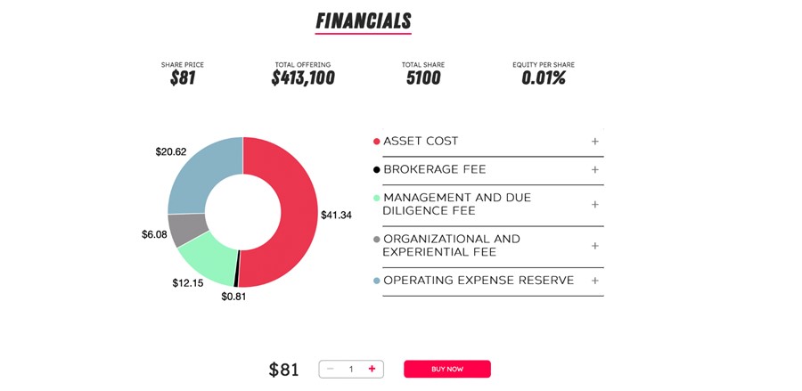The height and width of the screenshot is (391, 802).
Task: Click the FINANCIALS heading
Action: [364, 20]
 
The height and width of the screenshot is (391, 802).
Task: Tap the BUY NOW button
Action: [446, 369]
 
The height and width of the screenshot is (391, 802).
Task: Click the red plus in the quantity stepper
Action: [372, 369]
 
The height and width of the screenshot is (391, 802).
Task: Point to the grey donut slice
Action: [186, 229]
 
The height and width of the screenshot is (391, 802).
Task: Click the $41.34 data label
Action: [336, 215]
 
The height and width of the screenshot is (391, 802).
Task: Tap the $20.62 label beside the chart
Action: [171, 151]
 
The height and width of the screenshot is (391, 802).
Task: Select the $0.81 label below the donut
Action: [233, 297]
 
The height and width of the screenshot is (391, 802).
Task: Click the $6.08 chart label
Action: [154, 234]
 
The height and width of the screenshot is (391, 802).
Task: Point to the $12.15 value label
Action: [187, 282]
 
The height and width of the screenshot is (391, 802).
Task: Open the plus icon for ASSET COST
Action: [595, 142]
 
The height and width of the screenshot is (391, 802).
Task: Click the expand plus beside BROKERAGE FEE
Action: [595, 169]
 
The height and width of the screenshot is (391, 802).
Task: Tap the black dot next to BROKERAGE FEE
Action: [376, 169]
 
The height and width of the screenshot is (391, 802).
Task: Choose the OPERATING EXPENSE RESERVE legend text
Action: [478, 281]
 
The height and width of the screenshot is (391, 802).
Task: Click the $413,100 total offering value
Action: [303, 78]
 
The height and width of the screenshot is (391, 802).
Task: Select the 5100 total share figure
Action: [423, 78]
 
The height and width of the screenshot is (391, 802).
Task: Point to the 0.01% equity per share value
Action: [544, 78]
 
